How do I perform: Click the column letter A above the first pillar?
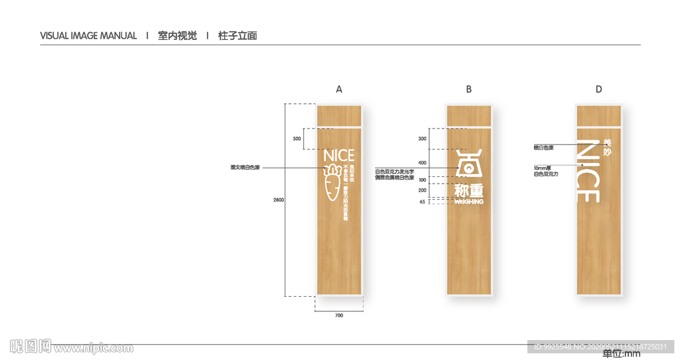(x=339, y=89)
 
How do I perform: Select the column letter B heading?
(x=469, y=89)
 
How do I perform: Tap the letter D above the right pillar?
(x=599, y=89)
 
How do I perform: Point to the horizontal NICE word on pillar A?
(x=339, y=156)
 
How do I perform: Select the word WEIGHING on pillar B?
(x=469, y=201)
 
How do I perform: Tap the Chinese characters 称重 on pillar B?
(x=469, y=190)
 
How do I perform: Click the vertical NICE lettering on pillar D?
(x=589, y=172)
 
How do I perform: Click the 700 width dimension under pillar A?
(x=339, y=315)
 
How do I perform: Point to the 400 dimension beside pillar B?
(x=422, y=162)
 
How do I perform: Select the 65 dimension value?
(x=422, y=202)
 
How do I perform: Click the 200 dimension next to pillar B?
(x=422, y=190)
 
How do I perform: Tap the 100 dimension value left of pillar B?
(x=422, y=180)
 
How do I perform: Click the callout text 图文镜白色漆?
(x=245, y=168)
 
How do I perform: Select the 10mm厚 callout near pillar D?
(x=541, y=168)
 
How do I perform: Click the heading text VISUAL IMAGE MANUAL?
(x=88, y=36)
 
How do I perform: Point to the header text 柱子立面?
(x=237, y=36)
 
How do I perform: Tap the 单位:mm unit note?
(x=621, y=354)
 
